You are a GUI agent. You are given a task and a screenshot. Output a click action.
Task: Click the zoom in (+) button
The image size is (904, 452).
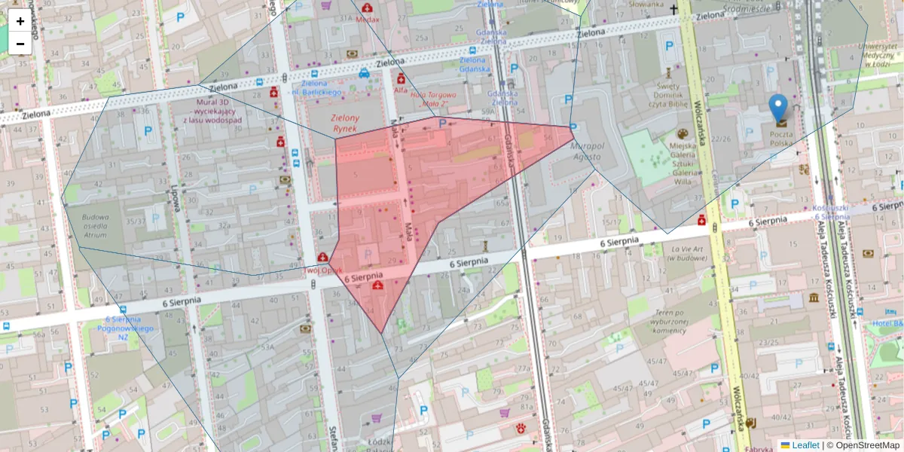pos(20,21)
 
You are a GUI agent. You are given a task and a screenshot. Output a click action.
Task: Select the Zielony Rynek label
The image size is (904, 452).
pos(345,123)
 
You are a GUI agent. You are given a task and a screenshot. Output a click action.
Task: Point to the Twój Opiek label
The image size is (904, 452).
pos(323,270)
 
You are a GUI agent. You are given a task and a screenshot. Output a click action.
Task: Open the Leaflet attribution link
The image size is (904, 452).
pos(805,445)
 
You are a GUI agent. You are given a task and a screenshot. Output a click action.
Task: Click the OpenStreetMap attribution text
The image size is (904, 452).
pos(867,445)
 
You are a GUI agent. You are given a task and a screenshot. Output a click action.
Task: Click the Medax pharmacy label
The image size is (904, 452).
pos(367,20)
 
